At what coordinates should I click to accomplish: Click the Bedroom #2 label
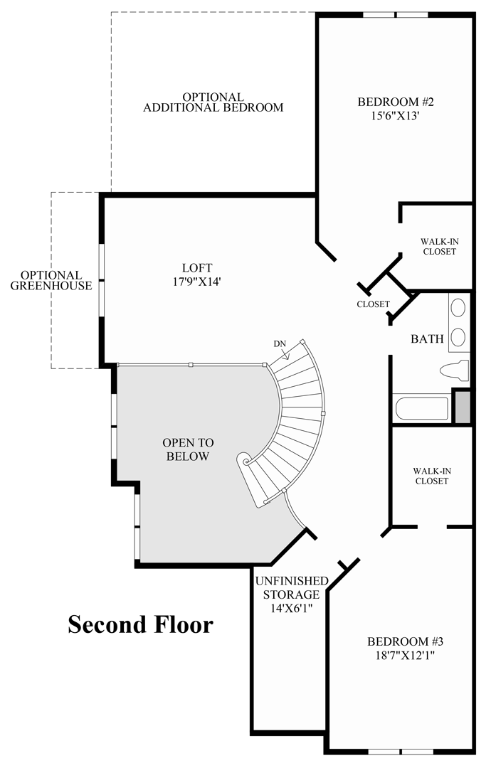point(395,102)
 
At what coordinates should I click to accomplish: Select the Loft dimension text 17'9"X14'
point(197,281)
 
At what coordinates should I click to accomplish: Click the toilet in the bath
point(454,370)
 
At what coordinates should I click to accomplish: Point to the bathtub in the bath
point(422,409)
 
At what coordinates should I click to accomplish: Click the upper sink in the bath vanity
point(459,308)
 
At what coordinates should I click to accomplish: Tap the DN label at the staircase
point(280,344)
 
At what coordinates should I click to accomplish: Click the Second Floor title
point(140,624)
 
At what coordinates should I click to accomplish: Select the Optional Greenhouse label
point(51,281)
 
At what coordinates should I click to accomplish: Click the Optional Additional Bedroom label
point(213,102)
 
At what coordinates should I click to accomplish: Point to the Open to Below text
point(188,449)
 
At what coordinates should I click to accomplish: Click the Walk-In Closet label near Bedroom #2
point(438,246)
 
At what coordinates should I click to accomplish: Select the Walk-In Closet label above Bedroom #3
point(431,476)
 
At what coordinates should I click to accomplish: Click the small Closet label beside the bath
point(374,304)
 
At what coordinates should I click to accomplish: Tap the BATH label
point(427,339)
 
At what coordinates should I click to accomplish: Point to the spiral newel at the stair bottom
point(247,462)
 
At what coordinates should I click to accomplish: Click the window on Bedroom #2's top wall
point(396,14)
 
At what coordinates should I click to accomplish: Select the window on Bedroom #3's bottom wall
point(401,751)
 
